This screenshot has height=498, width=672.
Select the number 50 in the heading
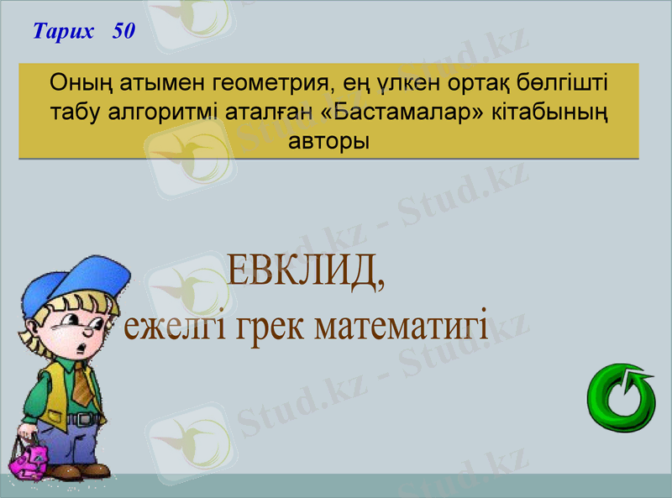pyautogui.click(x=123, y=32)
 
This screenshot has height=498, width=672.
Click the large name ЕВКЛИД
pyautogui.click(x=306, y=271)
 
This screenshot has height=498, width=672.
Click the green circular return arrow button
pyautogui.click(x=622, y=398)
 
